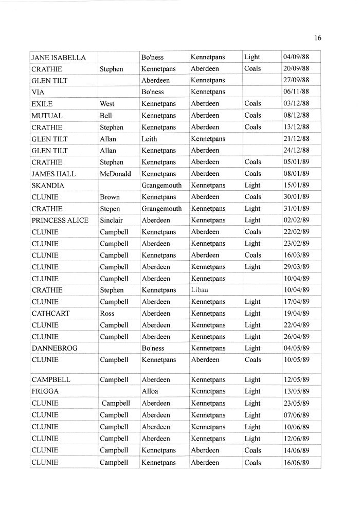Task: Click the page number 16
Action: [317, 38]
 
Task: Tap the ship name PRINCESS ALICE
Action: [60, 220]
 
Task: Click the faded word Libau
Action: [199, 290]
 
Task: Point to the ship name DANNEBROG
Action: [54, 348]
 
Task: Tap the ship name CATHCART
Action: [50, 313]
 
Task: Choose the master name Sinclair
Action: [112, 220]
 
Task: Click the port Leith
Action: [149, 139]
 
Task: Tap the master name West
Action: [107, 104]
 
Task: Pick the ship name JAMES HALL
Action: [53, 174]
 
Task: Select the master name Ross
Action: [107, 313]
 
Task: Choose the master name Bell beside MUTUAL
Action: [105, 116]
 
